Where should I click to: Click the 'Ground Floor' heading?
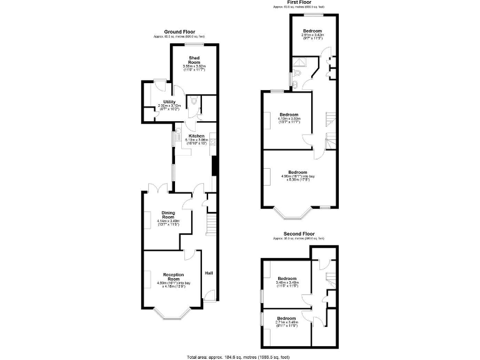pos(179,31)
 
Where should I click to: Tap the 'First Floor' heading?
pos(298,2)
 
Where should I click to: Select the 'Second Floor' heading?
pos(298,234)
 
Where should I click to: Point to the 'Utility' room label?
pos(169,102)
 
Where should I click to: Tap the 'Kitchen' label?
pos(197,136)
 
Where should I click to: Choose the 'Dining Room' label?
pos(168,214)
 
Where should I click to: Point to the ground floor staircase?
pos(211,222)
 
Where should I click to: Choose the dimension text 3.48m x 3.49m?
pos(287,282)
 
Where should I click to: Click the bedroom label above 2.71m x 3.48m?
pos(286,318)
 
